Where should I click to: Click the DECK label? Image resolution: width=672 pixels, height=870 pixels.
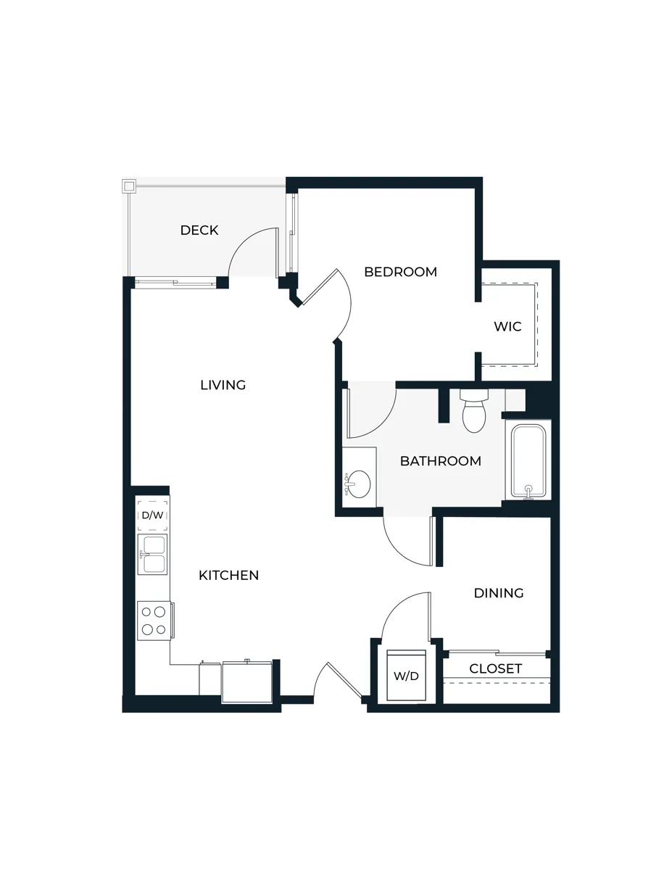(199, 231)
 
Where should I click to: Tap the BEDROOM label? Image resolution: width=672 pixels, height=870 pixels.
(400, 273)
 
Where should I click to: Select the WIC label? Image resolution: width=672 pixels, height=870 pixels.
(507, 327)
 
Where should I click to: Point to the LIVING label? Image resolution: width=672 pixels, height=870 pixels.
(223, 385)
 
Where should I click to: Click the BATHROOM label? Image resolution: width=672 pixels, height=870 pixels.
(440, 461)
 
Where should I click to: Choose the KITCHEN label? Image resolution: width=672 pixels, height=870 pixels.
(229, 576)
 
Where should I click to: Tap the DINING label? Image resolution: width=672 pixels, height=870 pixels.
(499, 593)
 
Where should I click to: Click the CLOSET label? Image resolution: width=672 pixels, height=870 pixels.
(496, 668)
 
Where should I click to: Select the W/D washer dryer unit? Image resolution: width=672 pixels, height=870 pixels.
(406, 676)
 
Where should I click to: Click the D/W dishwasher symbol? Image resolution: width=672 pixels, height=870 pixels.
(153, 515)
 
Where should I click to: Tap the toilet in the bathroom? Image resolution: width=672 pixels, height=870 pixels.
(474, 413)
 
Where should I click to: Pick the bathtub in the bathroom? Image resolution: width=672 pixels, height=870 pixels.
(528, 460)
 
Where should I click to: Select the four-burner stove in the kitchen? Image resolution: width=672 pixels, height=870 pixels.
(154, 621)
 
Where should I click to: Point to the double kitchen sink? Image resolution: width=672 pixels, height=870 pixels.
(153, 555)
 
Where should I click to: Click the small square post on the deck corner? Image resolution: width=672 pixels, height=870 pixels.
(130, 186)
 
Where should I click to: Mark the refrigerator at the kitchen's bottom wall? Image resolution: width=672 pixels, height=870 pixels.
(247, 681)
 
